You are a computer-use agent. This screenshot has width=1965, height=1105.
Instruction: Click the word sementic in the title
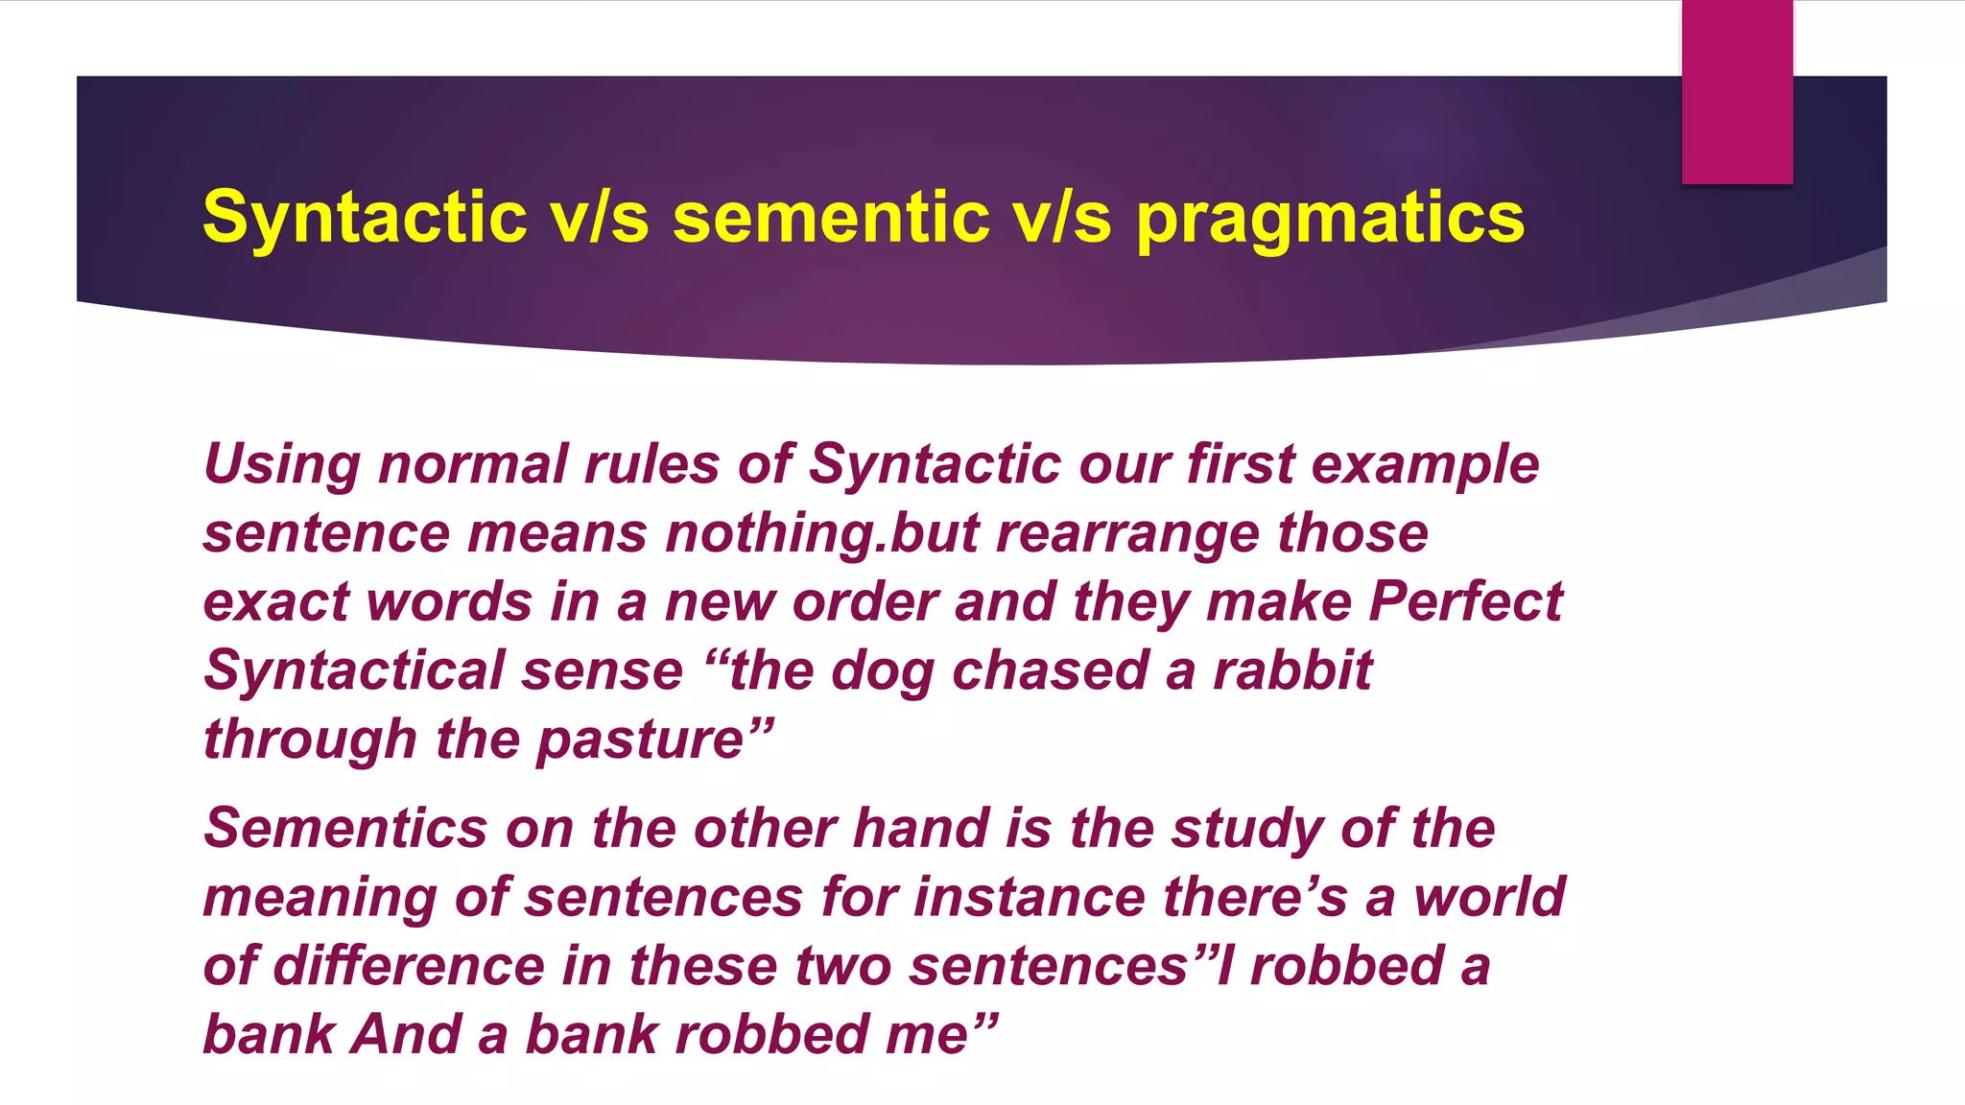[x=831, y=217]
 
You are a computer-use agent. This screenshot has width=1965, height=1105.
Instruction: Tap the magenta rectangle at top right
[x=1737, y=91]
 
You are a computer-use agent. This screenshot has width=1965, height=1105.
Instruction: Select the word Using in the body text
[x=282, y=465]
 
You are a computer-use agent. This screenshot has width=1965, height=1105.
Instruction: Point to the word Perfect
[x=1465, y=602]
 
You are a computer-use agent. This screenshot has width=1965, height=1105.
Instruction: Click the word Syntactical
[x=354, y=671]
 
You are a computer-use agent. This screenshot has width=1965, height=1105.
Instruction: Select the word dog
[x=882, y=671]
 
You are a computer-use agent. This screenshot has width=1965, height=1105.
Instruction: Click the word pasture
[x=640, y=741]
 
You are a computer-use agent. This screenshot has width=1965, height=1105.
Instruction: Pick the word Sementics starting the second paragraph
[x=345, y=828]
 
